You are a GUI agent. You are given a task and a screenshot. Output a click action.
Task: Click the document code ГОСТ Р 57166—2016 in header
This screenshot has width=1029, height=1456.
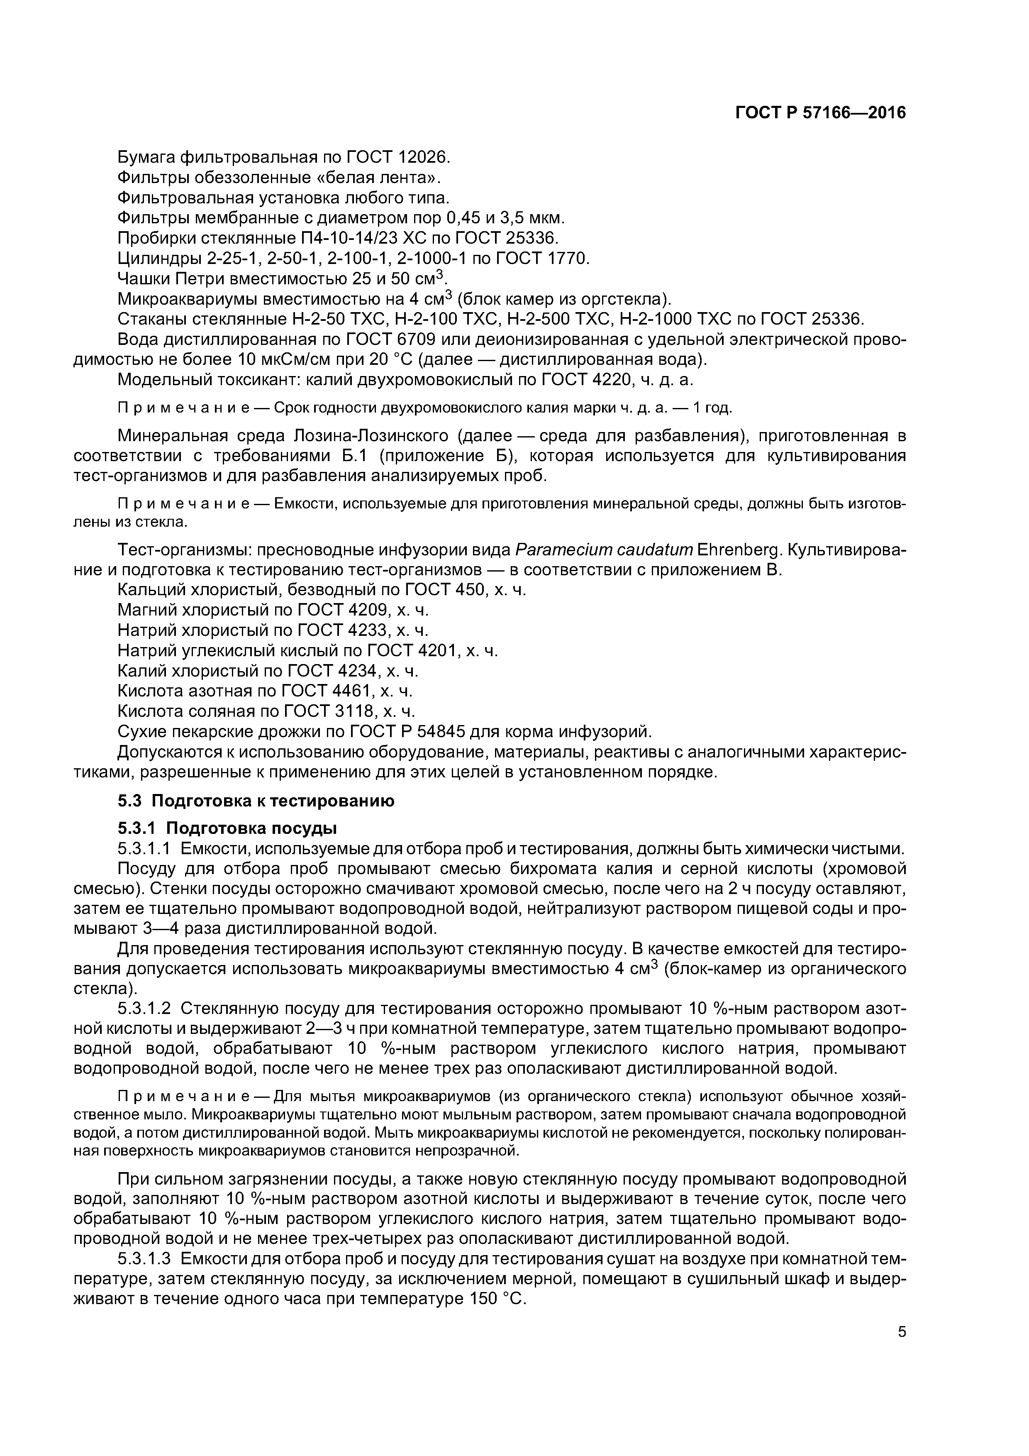(x=820, y=113)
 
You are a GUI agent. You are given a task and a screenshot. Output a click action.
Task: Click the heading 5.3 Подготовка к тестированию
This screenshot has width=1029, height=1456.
(x=256, y=801)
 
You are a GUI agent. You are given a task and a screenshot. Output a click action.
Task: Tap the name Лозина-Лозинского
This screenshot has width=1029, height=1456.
(x=369, y=436)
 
